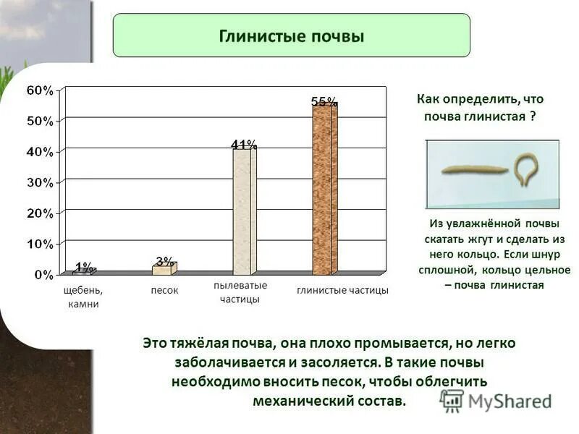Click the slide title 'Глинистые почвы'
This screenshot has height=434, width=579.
[x=291, y=35]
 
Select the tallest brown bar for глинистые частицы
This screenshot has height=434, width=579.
[x=324, y=190]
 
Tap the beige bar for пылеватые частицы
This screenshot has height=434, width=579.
[x=243, y=211]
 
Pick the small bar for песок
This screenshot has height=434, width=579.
[x=164, y=270]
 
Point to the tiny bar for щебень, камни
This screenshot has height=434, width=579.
[x=83, y=272]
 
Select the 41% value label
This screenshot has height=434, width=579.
[x=242, y=145]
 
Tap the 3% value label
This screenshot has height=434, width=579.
[x=164, y=260]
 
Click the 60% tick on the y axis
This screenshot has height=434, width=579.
[x=40, y=90]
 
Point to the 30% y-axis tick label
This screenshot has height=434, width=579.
[x=40, y=182]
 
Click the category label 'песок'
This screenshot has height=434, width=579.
[x=164, y=290]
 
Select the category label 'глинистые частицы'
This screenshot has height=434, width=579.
[x=342, y=290]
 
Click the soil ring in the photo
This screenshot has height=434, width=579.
[x=523, y=170]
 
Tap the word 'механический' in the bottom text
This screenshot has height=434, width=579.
[x=297, y=399]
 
